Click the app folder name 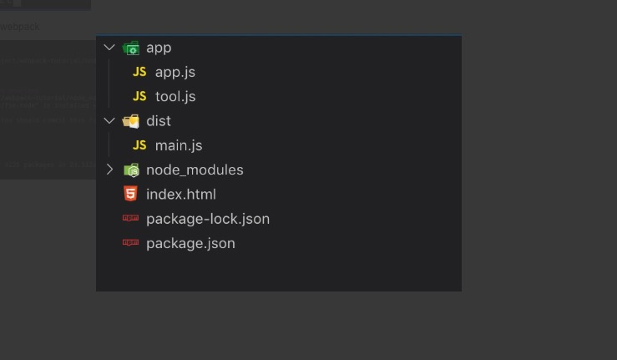point(159,48)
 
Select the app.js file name point(174,72)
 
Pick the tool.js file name point(175,96)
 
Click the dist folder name point(159,121)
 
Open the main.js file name point(179,145)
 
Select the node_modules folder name point(195,170)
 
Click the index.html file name point(180,194)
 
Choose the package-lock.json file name point(207,219)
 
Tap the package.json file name point(190,243)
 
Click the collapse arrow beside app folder point(109,48)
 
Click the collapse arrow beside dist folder point(109,121)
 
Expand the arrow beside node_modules point(109,170)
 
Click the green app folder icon point(130,48)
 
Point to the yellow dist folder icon point(130,121)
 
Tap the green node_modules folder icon point(130,170)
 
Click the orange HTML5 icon point(130,194)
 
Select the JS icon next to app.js point(139,72)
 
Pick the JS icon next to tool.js point(139,96)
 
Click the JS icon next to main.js point(139,145)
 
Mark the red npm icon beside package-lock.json point(130,219)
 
